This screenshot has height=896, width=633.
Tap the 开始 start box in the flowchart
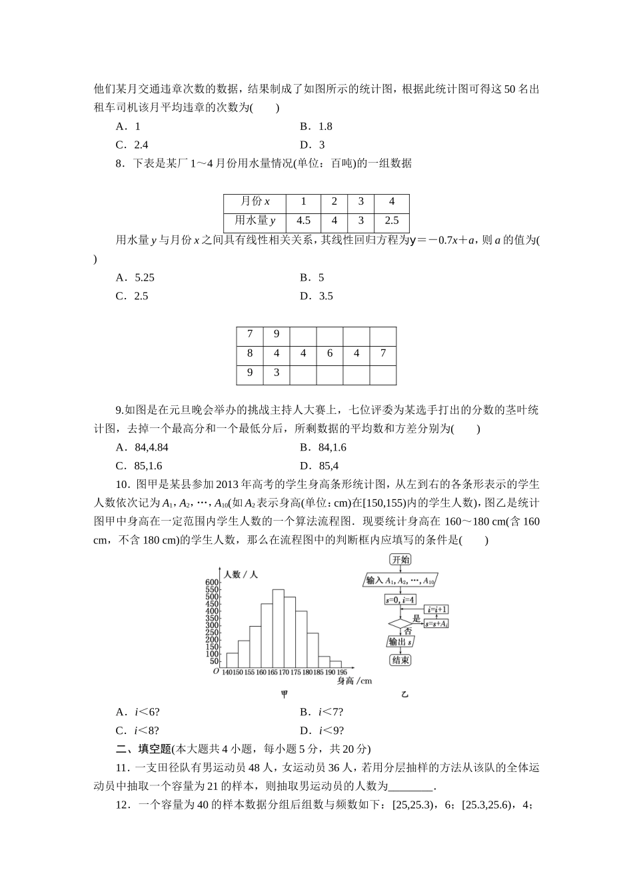click(400, 560)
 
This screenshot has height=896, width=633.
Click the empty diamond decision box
click(400, 625)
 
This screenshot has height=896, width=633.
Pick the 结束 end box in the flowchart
click(400, 660)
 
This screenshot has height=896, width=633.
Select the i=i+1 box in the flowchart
click(438, 609)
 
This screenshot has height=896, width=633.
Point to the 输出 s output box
click(400, 642)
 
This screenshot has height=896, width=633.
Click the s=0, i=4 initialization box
click(400, 600)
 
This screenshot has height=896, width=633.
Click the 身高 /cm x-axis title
click(354, 681)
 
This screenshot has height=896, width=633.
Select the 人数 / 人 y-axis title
click(241, 573)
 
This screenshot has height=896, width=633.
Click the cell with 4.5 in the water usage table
click(303, 221)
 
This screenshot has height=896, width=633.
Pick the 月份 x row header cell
click(255, 202)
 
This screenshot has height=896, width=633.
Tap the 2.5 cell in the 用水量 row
click(391, 221)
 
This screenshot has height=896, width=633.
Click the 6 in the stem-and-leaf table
click(330, 353)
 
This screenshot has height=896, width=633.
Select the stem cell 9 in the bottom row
click(250, 373)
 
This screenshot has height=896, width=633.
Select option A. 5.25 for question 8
click(135, 277)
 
